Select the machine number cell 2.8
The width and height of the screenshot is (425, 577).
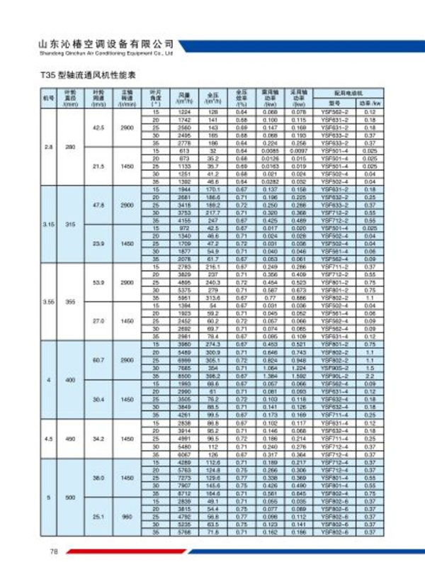point(48,147)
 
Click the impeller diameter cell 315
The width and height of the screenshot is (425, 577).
point(69,224)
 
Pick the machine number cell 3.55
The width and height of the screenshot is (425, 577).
point(48,301)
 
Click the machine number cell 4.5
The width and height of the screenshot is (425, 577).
point(48,439)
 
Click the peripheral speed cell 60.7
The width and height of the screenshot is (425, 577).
point(99,360)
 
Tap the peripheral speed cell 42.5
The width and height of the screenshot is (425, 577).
point(99,128)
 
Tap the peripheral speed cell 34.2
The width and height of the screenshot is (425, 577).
point(99,439)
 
